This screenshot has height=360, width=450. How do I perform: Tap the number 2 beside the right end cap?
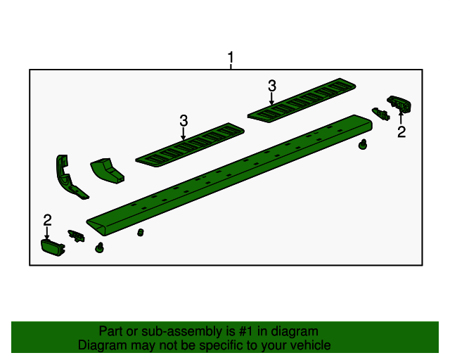coord(401,132)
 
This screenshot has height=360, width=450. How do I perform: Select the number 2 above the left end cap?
coord(47,219)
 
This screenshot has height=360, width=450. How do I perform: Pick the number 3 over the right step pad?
coord(272,86)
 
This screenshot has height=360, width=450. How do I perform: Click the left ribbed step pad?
coord(190,144)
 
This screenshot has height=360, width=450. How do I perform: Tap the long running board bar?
coord(232,176)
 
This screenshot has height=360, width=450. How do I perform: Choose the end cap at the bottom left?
coord(51,247)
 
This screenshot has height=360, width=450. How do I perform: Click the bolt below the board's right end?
coord(363,145)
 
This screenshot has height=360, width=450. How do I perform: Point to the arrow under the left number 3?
coord(184,134)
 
